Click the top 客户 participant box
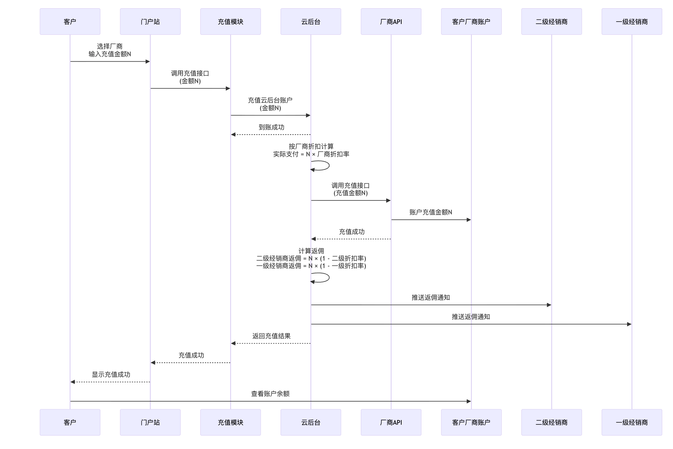pos(70,22)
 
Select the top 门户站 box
pos(150,22)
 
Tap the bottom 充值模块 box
pos(230,422)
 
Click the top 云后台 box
pos(311,22)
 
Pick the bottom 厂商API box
pos(391,422)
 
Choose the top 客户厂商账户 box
pos(471,22)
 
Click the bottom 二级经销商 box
pos(551,422)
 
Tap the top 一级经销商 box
pos(632,22)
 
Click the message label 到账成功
pos(271,127)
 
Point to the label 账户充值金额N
pos(431,212)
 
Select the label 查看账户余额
pos(270,394)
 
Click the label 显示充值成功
pos(111,375)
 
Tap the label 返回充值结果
pos(271,336)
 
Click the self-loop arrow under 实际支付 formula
pos(324,166)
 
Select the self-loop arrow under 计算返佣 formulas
pos(324,278)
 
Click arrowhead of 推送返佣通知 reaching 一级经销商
pos(629,324)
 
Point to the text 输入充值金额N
pos(110,54)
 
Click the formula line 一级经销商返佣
pos(311,266)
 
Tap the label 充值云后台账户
pos(270,100)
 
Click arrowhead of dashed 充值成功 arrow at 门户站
pos(153,363)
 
